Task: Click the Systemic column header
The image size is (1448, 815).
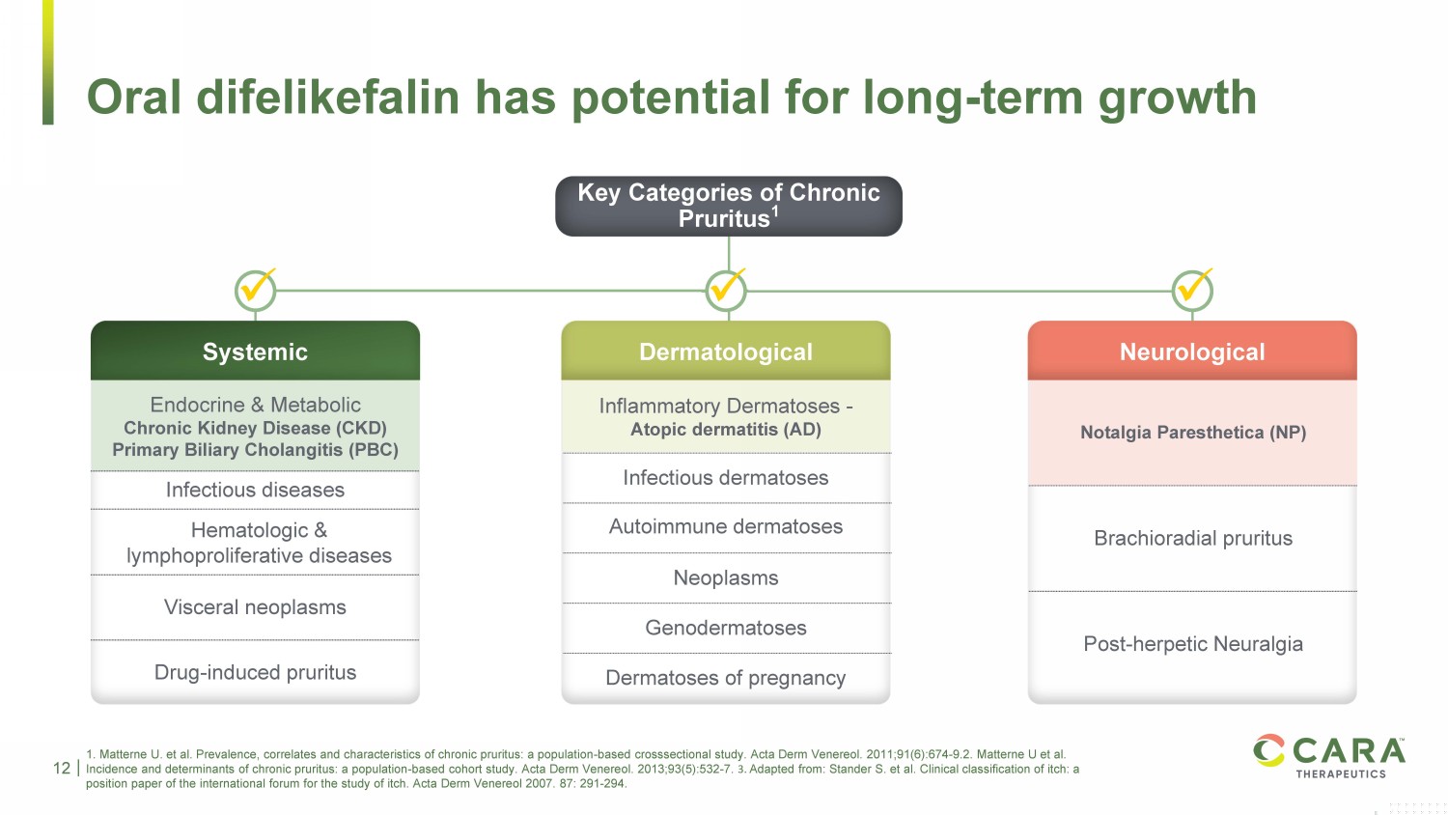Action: click(x=256, y=351)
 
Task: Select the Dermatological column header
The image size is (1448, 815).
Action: click(x=726, y=351)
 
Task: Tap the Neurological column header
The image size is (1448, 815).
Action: click(x=1192, y=351)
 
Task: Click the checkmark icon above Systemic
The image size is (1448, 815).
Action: click(x=256, y=289)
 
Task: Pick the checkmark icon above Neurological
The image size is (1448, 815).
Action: click(x=1192, y=289)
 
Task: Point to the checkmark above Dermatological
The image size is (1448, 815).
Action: click(x=726, y=289)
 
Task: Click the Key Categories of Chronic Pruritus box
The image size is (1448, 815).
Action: click(x=729, y=206)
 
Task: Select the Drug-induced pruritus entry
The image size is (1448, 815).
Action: click(x=256, y=672)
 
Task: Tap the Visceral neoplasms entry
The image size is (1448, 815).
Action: click(x=256, y=606)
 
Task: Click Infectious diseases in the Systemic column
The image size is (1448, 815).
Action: click(x=256, y=490)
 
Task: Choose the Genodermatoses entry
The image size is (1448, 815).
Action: click(x=726, y=628)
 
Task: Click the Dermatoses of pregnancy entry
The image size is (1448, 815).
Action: click(x=726, y=677)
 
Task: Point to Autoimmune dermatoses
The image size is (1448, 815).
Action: click(x=726, y=526)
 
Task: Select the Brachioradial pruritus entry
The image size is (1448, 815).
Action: click(x=1193, y=538)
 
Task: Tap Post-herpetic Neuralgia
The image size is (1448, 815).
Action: click(x=1193, y=643)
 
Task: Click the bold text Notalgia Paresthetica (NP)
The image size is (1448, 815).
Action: click(x=1193, y=432)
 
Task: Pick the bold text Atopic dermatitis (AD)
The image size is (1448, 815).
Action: click(x=726, y=430)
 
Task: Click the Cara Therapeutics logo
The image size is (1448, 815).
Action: click(x=1329, y=755)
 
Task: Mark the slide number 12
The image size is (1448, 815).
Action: click(x=62, y=769)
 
